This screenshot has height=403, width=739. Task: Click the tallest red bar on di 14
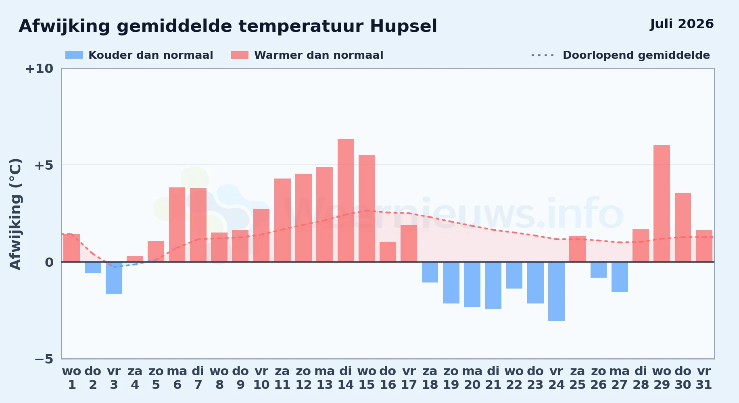(x=346, y=200)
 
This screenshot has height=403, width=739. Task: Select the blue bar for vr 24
(x=556, y=291)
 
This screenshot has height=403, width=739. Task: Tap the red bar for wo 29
(x=662, y=204)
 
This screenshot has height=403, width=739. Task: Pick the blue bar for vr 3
(x=114, y=278)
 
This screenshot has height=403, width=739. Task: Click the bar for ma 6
(x=177, y=224)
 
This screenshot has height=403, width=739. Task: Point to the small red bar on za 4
(x=135, y=259)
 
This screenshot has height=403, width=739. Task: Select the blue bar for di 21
(x=493, y=285)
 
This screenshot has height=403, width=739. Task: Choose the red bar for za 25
(x=577, y=249)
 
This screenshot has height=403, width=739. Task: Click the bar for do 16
(x=388, y=252)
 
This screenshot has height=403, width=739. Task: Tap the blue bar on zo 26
(x=599, y=270)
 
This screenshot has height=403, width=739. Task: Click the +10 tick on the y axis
(x=39, y=69)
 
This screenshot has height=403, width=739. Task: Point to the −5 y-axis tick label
(x=44, y=359)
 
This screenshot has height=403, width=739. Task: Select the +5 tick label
(x=44, y=165)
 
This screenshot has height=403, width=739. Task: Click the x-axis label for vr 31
(x=704, y=378)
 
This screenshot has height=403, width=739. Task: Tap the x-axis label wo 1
(x=72, y=378)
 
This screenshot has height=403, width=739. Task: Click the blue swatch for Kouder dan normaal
(x=74, y=55)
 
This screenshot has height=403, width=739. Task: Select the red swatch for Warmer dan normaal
(x=240, y=55)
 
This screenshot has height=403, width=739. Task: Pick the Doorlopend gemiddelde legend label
(x=636, y=55)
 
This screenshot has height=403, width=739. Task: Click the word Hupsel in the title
(x=403, y=27)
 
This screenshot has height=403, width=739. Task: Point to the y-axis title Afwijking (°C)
(x=15, y=214)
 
